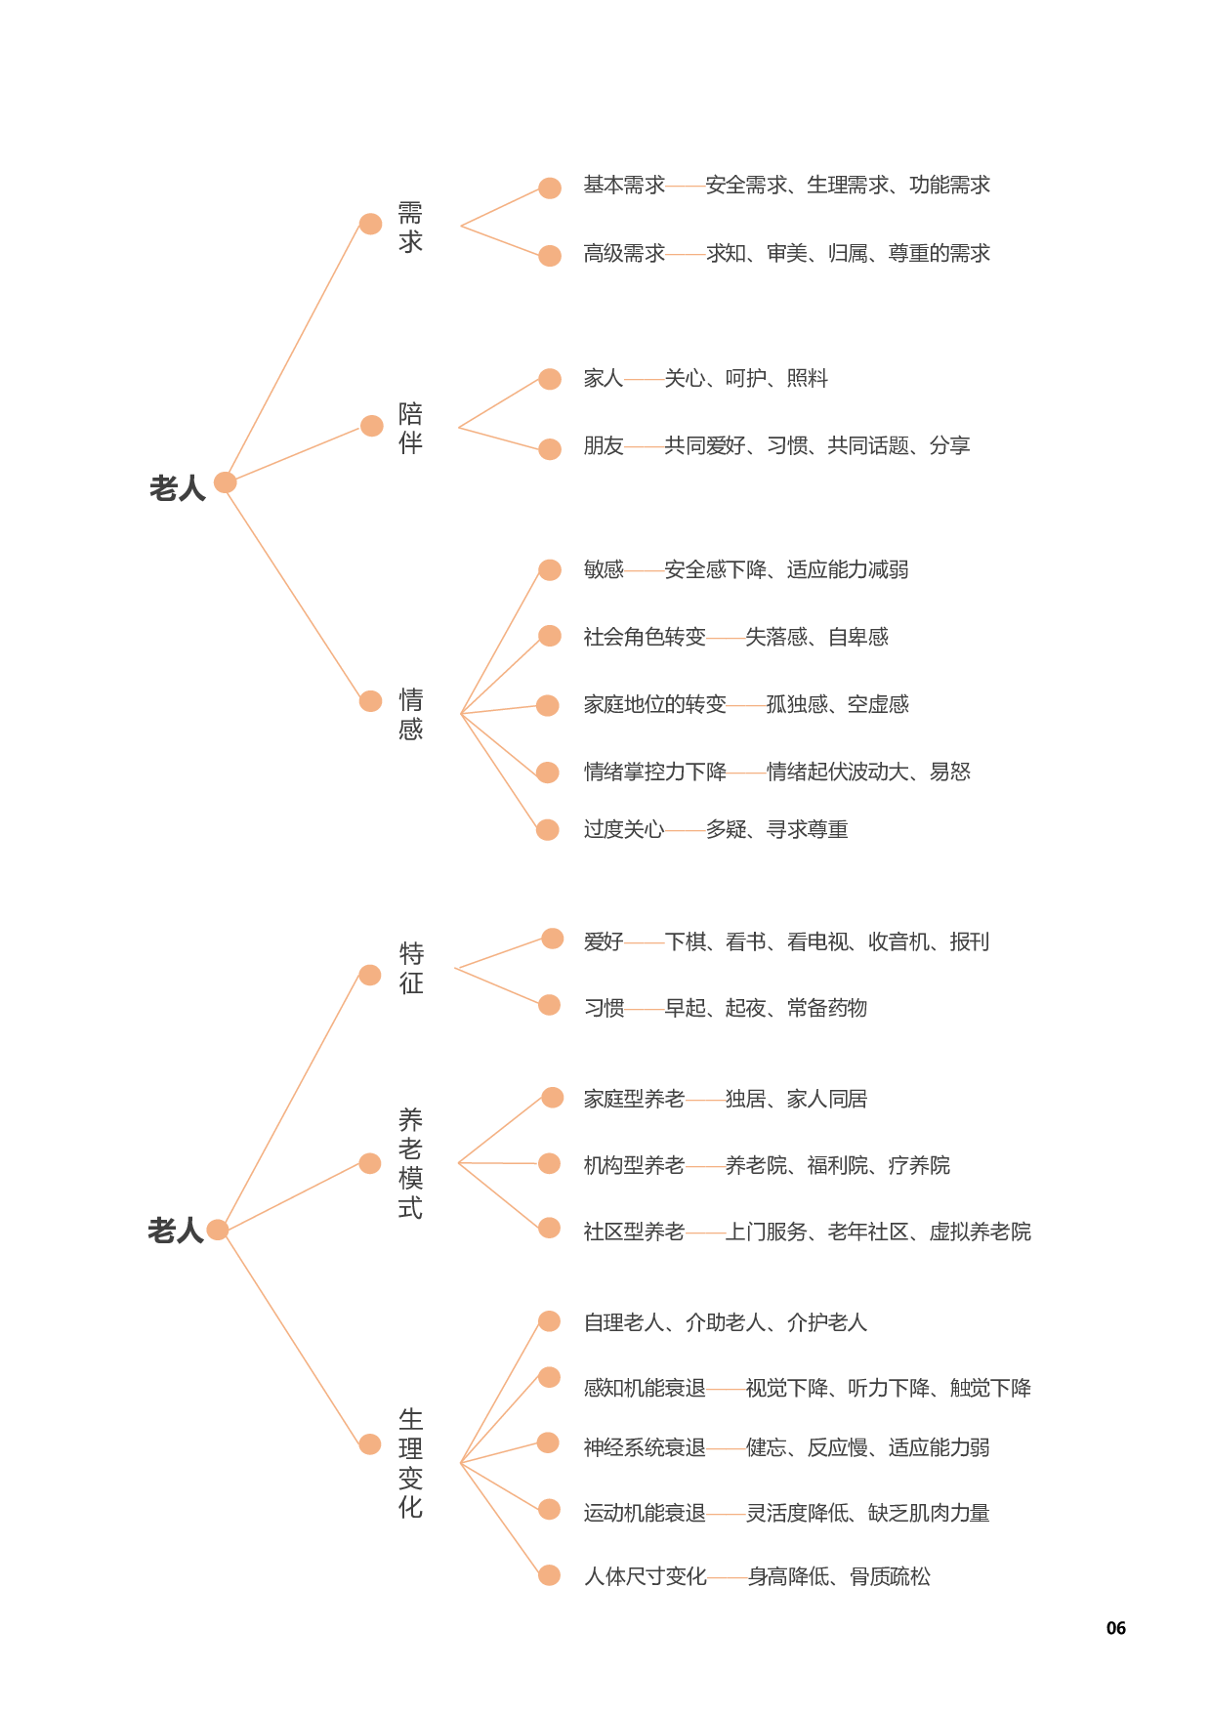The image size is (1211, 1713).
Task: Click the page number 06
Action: pyautogui.click(x=1115, y=1628)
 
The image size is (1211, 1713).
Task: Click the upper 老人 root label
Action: pyautogui.click(x=178, y=487)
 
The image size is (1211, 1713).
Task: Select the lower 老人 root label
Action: pyautogui.click(x=176, y=1231)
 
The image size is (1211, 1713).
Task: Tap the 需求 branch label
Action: pyautogui.click(x=410, y=227)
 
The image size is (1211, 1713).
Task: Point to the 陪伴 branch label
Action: pyautogui.click(x=410, y=428)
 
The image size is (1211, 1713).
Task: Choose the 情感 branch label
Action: pyautogui.click(x=410, y=714)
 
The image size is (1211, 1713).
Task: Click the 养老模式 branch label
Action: pyautogui.click(x=410, y=1163)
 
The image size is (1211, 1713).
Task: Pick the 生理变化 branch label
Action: pyautogui.click(x=410, y=1462)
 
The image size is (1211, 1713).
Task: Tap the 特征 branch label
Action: pyautogui.click(x=411, y=968)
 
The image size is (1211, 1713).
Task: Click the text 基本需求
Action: pyautogui.click(x=624, y=185)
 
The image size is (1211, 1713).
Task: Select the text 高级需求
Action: pyautogui.click(x=624, y=254)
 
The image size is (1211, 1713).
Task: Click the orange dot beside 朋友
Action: pyautogui.click(x=550, y=448)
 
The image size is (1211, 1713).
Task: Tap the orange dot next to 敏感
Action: pyautogui.click(x=550, y=569)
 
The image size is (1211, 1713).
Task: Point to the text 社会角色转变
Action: pyautogui.click(x=645, y=637)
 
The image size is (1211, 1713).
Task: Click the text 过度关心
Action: pyautogui.click(x=624, y=829)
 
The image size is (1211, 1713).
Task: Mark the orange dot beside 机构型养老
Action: pyautogui.click(x=550, y=1163)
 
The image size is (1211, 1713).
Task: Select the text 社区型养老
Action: pyautogui.click(x=634, y=1232)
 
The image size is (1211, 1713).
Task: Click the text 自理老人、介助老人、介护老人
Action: pyautogui.click(x=725, y=1322)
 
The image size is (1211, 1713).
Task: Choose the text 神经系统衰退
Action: pyautogui.click(x=645, y=1447)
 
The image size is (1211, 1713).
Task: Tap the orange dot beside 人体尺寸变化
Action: pyautogui.click(x=550, y=1575)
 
